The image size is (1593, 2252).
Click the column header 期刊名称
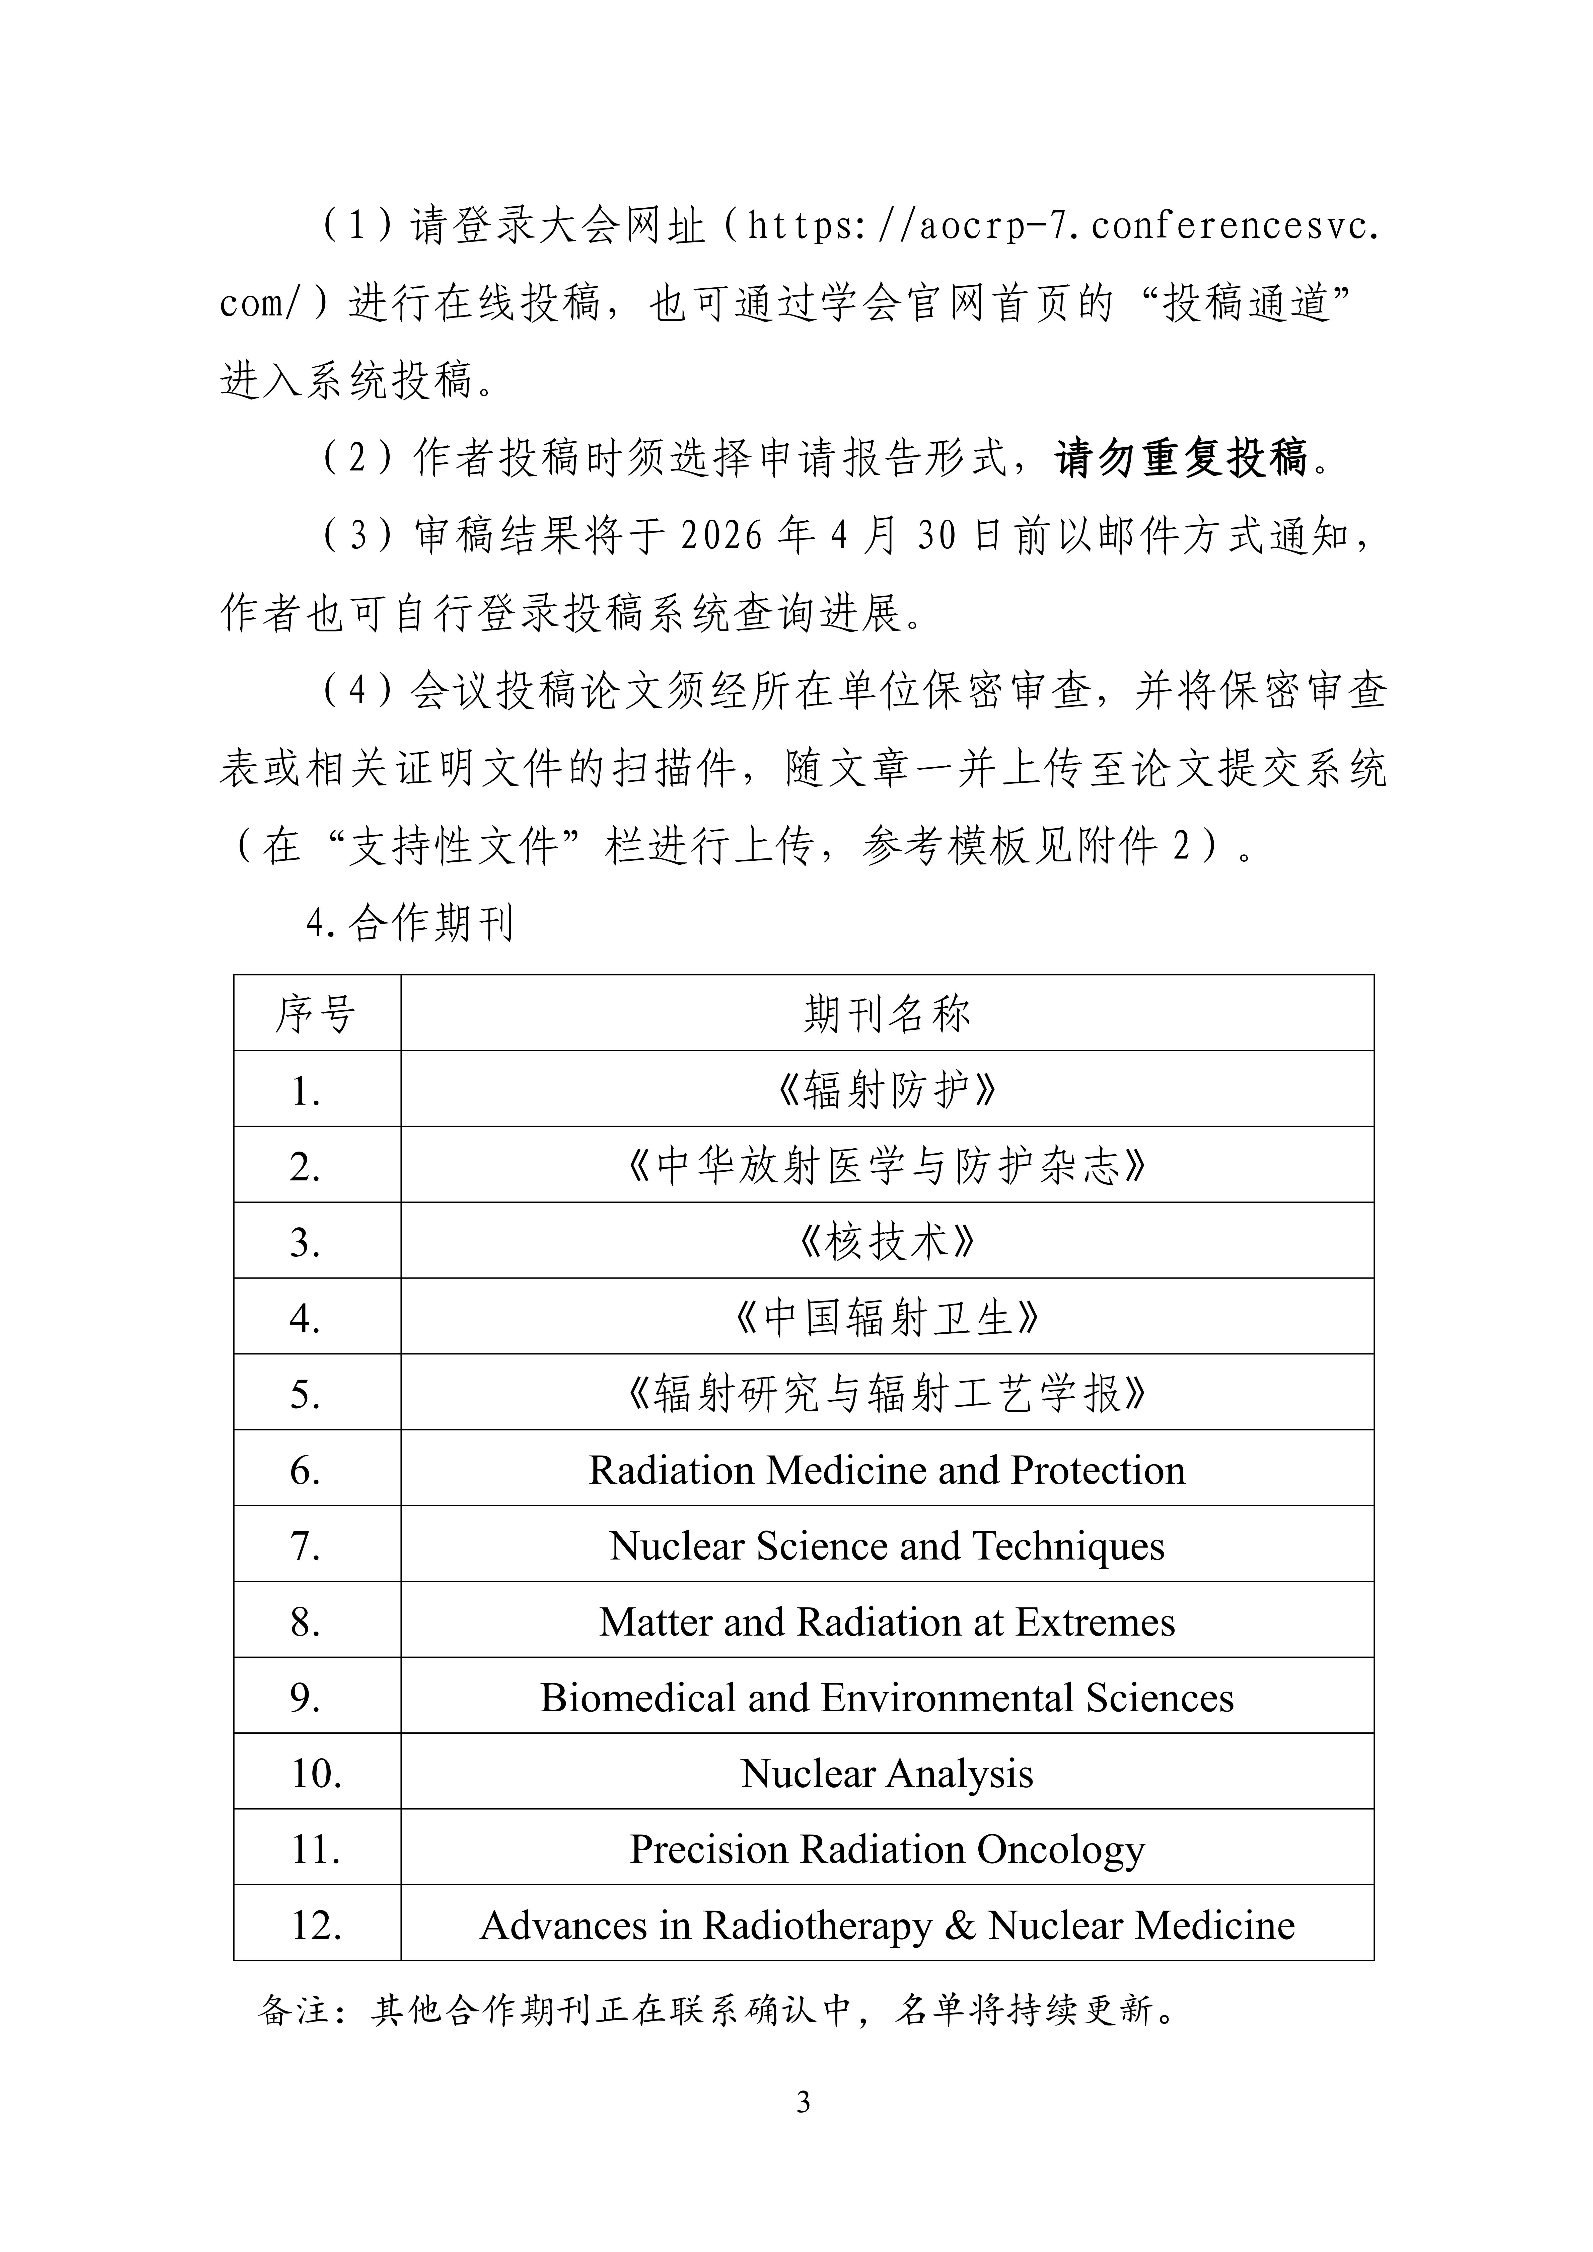tap(887, 1013)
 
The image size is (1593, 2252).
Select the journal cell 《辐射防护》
tap(887, 1090)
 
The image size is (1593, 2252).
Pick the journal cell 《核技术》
tap(887, 1242)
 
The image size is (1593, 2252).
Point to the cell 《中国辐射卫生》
tap(887, 1317)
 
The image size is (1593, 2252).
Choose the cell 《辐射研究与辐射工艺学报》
tap(887, 1394)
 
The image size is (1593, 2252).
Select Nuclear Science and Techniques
tap(887, 1546)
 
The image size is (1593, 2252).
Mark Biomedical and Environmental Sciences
tap(887, 1698)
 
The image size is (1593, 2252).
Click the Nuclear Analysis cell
tap(887, 1773)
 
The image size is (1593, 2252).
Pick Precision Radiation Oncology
tap(887, 1850)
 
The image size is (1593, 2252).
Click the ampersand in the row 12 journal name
tap(959, 1925)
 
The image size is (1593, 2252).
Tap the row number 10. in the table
tap(316, 1773)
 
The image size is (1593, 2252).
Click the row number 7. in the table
tap(306, 1546)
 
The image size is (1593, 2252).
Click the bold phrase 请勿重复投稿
tap(1182, 458)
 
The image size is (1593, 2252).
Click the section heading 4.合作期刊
tap(410, 923)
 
